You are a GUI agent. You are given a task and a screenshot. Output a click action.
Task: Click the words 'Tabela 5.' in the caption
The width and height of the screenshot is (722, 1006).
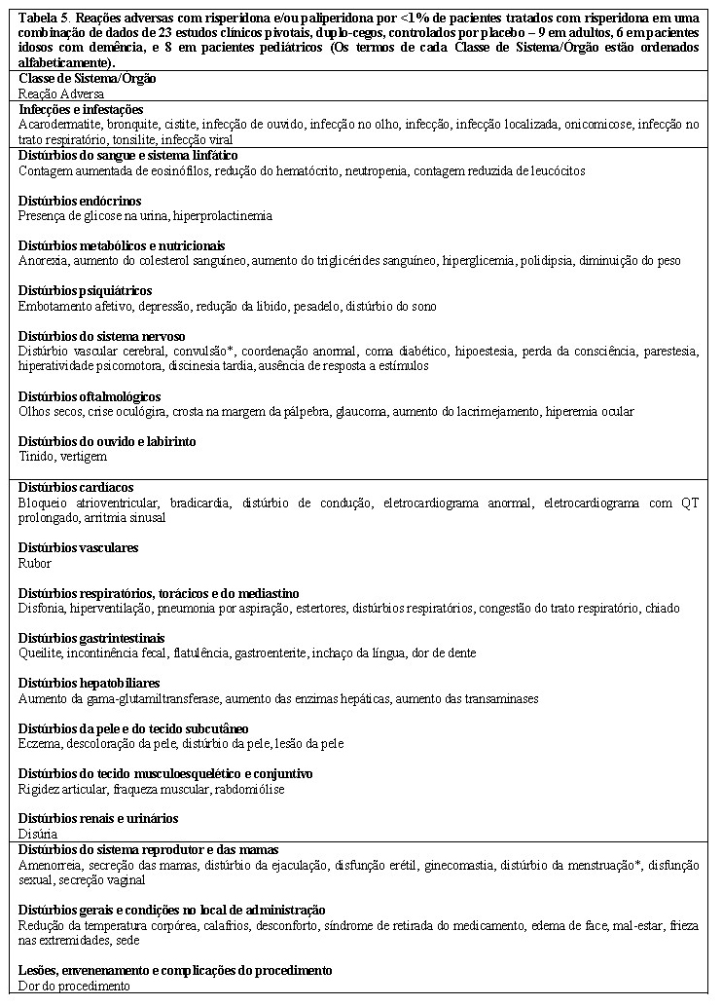tap(47, 19)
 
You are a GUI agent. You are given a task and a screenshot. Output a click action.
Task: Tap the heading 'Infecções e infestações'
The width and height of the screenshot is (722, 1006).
tap(81, 109)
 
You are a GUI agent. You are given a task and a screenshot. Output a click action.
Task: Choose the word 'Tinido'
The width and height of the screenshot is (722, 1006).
tap(37, 457)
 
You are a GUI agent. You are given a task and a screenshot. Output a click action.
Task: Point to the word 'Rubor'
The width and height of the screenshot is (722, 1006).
tap(35, 563)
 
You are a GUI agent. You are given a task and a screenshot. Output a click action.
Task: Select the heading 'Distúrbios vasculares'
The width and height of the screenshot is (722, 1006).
tap(78, 548)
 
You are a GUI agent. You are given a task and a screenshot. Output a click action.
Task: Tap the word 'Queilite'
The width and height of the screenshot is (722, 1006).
tap(41, 653)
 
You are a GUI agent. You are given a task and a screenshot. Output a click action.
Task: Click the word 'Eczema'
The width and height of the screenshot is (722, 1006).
tap(40, 744)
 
